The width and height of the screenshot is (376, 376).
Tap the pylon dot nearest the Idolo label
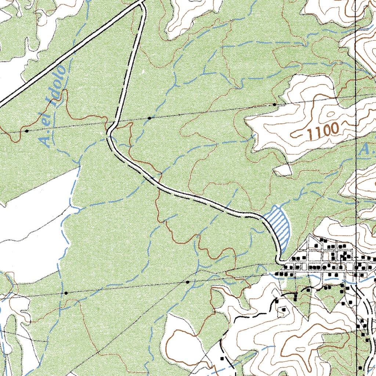[x=26, y=131]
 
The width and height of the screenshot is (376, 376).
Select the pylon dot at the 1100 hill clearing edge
[x=274, y=105]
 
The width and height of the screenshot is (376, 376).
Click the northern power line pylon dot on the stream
[x=149, y=118]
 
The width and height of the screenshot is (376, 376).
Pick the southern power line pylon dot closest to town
[x=188, y=282]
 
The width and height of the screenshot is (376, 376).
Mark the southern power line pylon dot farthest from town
[x=66, y=293]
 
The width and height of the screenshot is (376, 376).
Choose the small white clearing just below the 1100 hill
[x=283, y=170]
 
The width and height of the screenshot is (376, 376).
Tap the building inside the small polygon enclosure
[x=284, y=310]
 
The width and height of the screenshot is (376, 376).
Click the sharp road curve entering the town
[x=280, y=260]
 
